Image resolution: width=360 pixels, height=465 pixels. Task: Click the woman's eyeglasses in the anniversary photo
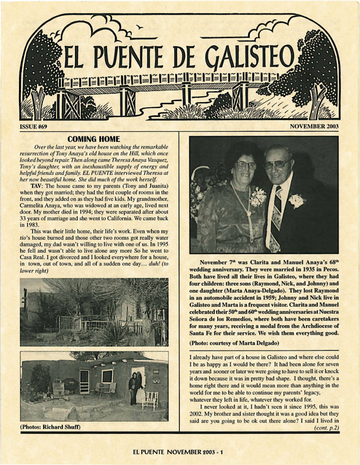point(246,165)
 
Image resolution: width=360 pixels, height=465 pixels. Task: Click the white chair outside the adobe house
point(149,400)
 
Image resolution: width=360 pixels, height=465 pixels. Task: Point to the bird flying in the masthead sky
point(139,27)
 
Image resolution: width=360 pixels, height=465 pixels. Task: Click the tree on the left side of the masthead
point(42,73)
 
